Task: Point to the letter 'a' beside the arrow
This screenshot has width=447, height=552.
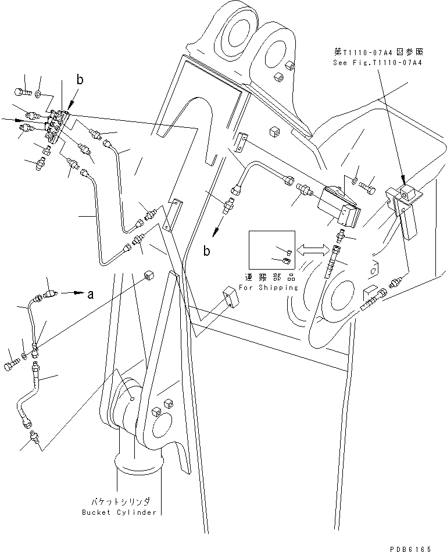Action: (91, 295)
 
